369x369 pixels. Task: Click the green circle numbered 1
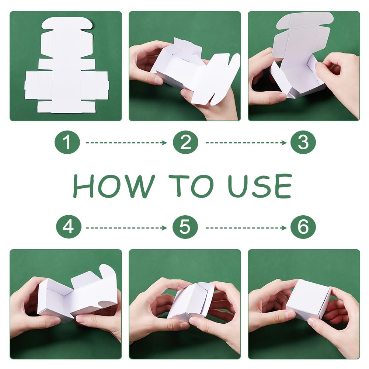coord(67,142)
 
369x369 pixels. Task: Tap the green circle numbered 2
coord(185,142)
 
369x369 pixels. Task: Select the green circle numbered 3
coord(303,142)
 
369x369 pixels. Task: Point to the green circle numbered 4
coord(69,227)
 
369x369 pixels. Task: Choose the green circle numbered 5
coord(185,227)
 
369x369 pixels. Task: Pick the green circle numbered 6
coord(303,227)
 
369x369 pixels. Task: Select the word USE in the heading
coord(260,186)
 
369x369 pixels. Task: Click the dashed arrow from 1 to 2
coord(126,143)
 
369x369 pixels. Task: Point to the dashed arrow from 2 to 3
coord(246,143)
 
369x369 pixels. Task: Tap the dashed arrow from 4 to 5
coord(126,228)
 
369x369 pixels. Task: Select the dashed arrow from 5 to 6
coord(246,228)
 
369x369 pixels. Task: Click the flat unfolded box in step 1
coord(67,66)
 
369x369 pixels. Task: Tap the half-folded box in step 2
coord(195,71)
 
